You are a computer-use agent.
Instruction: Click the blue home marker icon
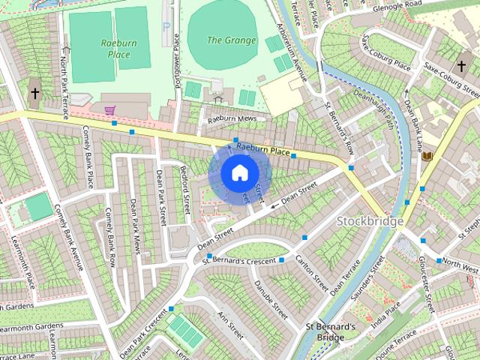(238, 172)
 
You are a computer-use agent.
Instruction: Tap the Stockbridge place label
(370, 221)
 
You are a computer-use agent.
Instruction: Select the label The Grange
(231, 40)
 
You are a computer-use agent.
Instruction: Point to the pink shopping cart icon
(110, 110)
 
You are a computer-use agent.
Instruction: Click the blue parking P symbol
(166, 26)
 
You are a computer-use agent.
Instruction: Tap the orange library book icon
(427, 156)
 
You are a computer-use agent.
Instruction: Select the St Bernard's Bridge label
(329, 332)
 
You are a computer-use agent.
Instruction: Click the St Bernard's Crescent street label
(239, 260)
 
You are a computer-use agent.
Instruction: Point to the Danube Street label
(271, 296)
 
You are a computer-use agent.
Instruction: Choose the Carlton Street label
(311, 273)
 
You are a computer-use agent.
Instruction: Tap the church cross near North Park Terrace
(35, 94)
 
